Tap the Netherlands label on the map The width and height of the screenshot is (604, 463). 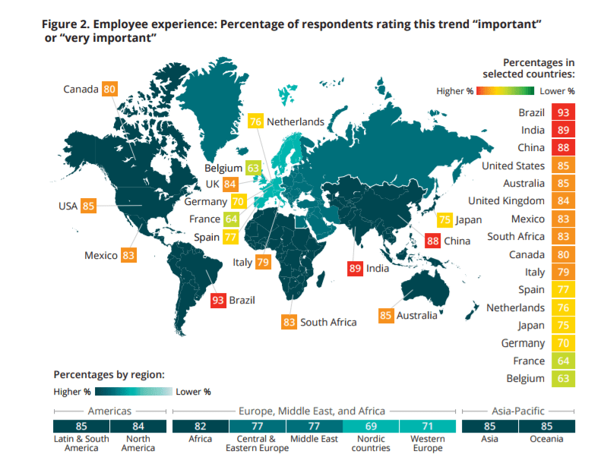295,121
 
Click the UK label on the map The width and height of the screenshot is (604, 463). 212,184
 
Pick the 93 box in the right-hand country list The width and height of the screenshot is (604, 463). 564,112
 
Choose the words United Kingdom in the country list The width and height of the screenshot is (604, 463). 506,201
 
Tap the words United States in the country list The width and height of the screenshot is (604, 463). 513,165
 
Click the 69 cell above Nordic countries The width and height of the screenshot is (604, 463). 371,426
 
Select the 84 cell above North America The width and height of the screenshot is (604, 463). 137,426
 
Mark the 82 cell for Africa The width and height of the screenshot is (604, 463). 201,426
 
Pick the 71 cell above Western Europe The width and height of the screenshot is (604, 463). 428,426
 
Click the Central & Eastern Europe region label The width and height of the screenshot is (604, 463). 257,443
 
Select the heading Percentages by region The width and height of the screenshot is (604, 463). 109,375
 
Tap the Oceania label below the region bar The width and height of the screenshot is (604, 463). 547,439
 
